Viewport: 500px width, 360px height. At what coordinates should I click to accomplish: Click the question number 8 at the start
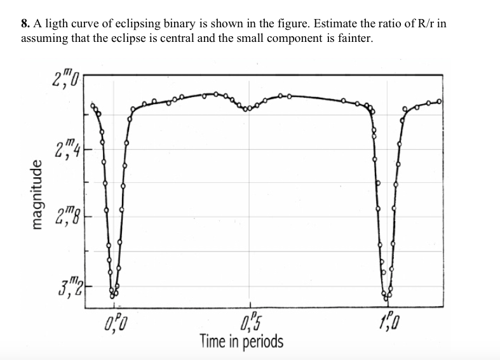(25, 24)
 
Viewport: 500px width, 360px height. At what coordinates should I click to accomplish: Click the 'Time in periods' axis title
(241, 341)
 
